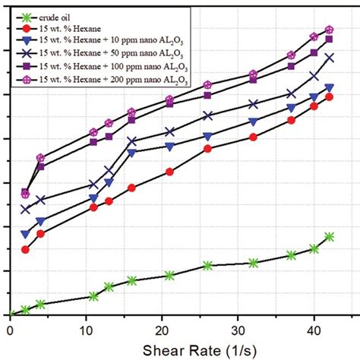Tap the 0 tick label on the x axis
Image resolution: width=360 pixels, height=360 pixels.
click(x=10, y=328)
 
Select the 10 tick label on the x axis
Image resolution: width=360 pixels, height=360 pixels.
click(x=86, y=328)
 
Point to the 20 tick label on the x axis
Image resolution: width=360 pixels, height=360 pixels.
click(x=162, y=328)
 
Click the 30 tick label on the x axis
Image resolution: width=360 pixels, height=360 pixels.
click(x=238, y=328)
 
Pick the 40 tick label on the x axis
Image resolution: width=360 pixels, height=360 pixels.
click(x=314, y=328)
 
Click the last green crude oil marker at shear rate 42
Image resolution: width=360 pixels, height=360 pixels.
click(x=329, y=237)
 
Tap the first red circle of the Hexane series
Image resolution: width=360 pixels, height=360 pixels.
click(x=25, y=249)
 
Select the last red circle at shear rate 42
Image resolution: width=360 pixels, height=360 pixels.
click(x=329, y=96)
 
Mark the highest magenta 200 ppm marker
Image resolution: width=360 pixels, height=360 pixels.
click(x=329, y=30)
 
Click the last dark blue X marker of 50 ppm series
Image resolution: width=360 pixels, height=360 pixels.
click(x=329, y=58)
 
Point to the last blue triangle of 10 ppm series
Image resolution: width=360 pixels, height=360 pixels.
click(x=329, y=87)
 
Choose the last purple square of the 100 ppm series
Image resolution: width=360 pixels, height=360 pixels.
click(x=329, y=39)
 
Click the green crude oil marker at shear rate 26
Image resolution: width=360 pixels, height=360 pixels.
click(x=207, y=265)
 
